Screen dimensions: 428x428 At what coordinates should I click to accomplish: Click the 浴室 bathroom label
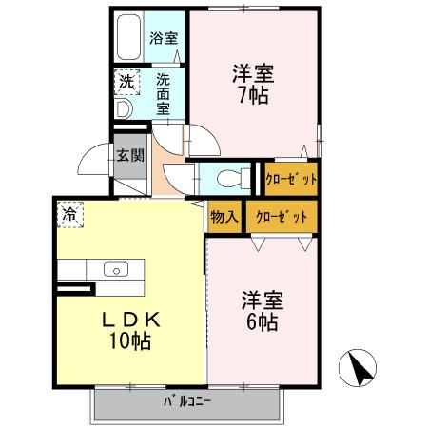point(164,39)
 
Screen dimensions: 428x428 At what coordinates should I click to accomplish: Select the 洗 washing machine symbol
point(126,82)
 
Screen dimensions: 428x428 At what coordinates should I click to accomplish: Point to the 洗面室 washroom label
point(164,93)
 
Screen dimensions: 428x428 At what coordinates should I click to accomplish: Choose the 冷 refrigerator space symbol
point(69,214)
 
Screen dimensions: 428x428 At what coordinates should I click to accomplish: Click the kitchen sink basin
point(114,269)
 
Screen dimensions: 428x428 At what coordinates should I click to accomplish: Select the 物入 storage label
point(225,218)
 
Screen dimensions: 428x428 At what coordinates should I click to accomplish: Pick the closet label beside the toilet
point(291,177)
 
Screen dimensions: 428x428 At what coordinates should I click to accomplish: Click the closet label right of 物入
point(282,218)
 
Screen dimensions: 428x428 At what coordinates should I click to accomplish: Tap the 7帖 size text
point(251,95)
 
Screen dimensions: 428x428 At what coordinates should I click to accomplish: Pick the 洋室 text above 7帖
point(251,71)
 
